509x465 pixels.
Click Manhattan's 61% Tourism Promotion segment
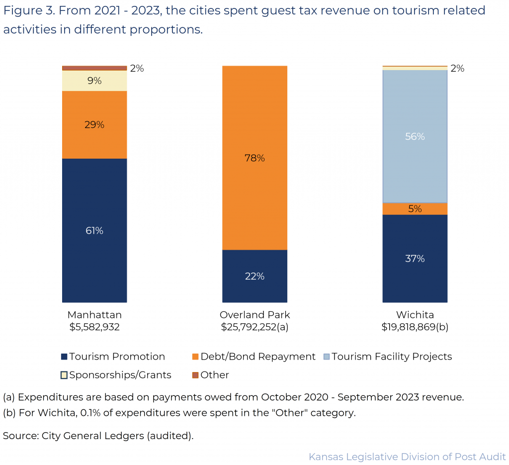94,230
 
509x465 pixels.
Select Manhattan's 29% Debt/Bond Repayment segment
94,124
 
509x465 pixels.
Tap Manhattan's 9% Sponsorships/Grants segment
94,81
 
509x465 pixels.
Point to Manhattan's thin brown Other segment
94,68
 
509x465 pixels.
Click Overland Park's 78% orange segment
254,158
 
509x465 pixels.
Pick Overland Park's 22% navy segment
254,276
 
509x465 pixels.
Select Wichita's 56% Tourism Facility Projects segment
415,136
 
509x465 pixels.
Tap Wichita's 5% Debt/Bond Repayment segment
415,209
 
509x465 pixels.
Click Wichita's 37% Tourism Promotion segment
415,258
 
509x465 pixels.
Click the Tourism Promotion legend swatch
64,357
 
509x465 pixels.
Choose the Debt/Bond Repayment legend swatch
195,357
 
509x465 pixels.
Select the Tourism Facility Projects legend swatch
326,357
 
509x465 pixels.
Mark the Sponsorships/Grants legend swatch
64,375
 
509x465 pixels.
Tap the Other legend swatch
195,375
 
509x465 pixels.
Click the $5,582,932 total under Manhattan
94,327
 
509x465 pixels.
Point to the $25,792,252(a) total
254,327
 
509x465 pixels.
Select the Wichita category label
415,315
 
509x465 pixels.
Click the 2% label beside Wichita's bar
457,69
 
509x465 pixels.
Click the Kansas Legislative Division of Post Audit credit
407,457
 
